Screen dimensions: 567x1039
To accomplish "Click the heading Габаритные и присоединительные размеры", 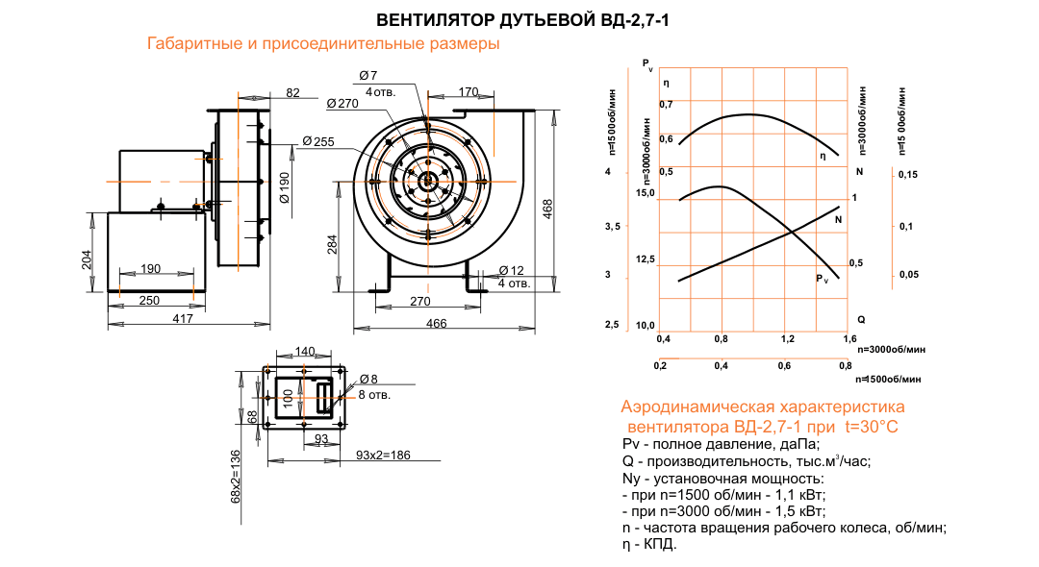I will pos(323,44).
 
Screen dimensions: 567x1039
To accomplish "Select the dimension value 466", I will pos(436,324).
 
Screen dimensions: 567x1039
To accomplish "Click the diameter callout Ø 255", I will pos(317,142).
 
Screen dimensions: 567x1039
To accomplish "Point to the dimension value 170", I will pos(468,92).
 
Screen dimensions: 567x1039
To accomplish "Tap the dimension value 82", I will pos(293,92).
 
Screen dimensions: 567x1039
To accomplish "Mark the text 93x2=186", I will pos(383,454).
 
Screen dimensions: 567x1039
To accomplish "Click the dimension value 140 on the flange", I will pos(305,352).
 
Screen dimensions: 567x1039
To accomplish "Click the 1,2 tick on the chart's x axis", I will pos(787,339).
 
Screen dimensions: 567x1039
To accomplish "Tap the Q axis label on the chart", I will pos(861,318).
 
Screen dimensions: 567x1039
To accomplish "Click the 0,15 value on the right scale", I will pos(907,174).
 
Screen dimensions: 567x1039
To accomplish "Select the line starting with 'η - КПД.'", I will pos(650,544).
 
